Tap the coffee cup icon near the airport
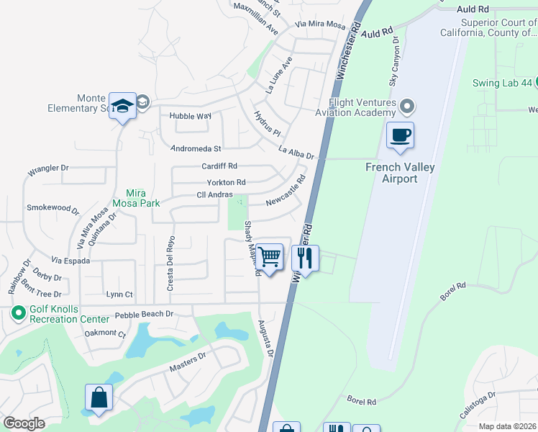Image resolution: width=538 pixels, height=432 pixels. [x=400, y=135]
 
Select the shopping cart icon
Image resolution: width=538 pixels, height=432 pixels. [x=269, y=256]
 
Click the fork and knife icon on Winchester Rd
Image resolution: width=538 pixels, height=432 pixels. [x=305, y=256]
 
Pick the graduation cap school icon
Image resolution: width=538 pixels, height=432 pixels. [x=123, y=106]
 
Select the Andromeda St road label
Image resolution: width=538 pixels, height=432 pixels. [x=196, y=149]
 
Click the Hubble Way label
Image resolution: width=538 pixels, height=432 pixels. [x=190, y=115]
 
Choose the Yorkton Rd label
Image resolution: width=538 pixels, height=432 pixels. [x=226, y=182]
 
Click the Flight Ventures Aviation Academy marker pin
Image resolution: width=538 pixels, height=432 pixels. [x=408, y=107]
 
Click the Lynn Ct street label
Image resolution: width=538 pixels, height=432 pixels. [x=119, y=294]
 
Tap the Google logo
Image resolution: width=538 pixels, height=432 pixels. [x=24, y=423]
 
